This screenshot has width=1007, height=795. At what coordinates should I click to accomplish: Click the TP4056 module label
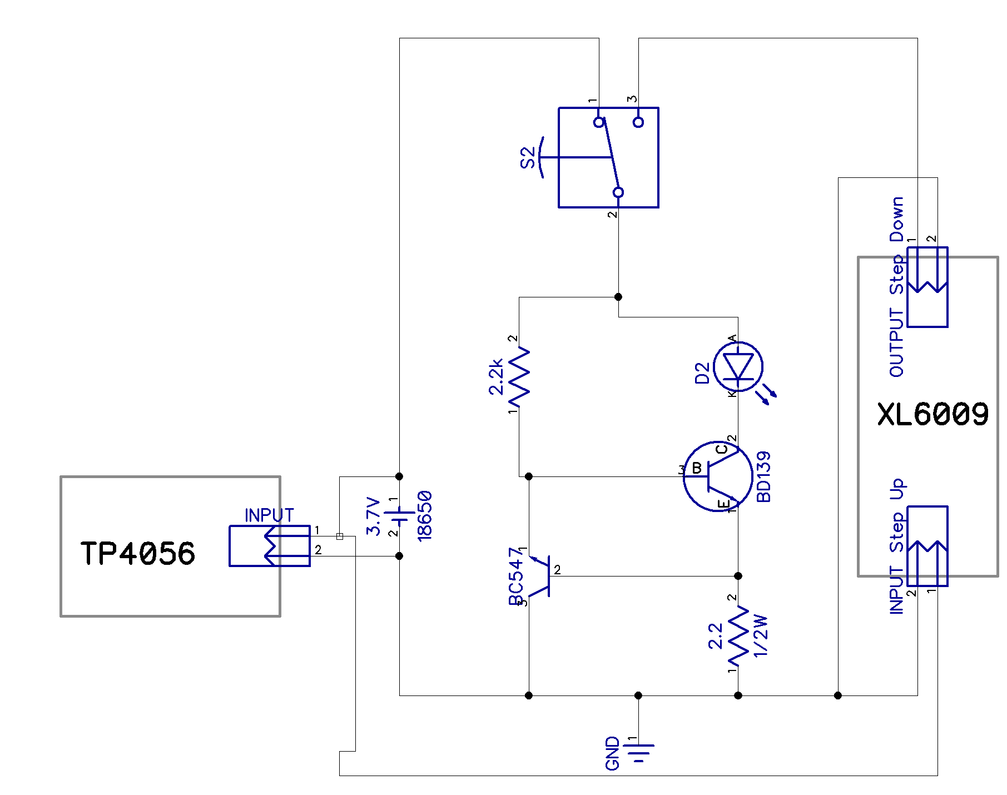(138, 553)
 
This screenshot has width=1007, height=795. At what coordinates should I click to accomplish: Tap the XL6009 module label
(933, 414)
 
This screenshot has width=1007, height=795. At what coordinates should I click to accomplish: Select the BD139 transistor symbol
(717, 476)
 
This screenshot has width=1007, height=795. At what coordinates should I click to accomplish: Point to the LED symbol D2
(738, 367)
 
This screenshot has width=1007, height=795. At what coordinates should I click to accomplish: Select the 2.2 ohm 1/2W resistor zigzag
(738, 636)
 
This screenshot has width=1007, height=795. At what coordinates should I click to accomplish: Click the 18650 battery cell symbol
(399, 516)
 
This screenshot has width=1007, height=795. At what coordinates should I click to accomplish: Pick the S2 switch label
(528, 157)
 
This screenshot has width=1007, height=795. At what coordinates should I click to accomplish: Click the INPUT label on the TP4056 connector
(269, 515)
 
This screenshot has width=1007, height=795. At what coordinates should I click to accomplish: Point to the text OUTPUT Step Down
(896, 287)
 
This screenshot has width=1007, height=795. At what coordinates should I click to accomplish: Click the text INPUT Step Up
(896, 546)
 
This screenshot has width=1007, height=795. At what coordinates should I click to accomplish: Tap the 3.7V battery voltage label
(374, 516)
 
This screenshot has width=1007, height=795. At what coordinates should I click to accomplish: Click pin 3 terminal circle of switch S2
(638, 122)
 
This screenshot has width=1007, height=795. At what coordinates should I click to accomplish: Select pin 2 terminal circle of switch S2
(618, 192)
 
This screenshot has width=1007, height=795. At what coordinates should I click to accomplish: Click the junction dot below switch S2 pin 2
(618, 297)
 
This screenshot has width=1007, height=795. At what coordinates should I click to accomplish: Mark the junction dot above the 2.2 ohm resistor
(738, 576)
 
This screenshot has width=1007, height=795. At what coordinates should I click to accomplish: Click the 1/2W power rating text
(760, 636)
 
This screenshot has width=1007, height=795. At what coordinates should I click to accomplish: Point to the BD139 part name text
(764, 476)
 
